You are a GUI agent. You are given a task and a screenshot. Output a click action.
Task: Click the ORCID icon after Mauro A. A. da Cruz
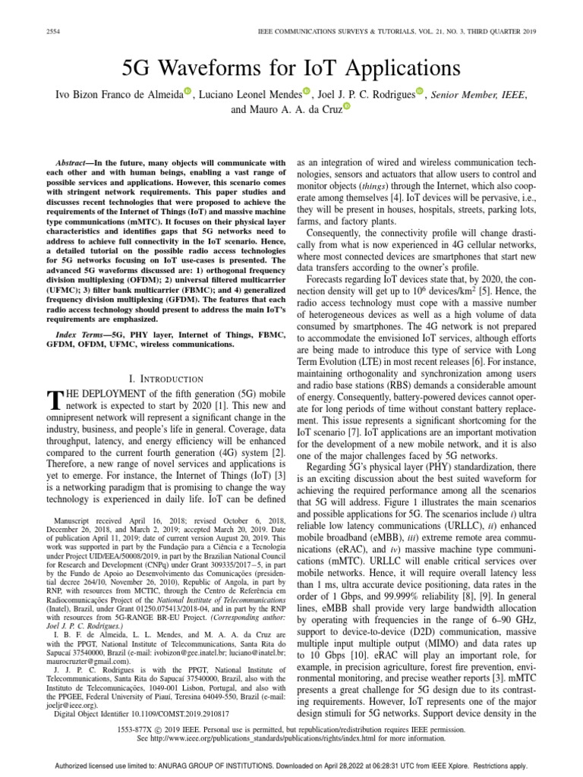348,108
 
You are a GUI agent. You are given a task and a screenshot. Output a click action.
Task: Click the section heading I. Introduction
165,379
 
